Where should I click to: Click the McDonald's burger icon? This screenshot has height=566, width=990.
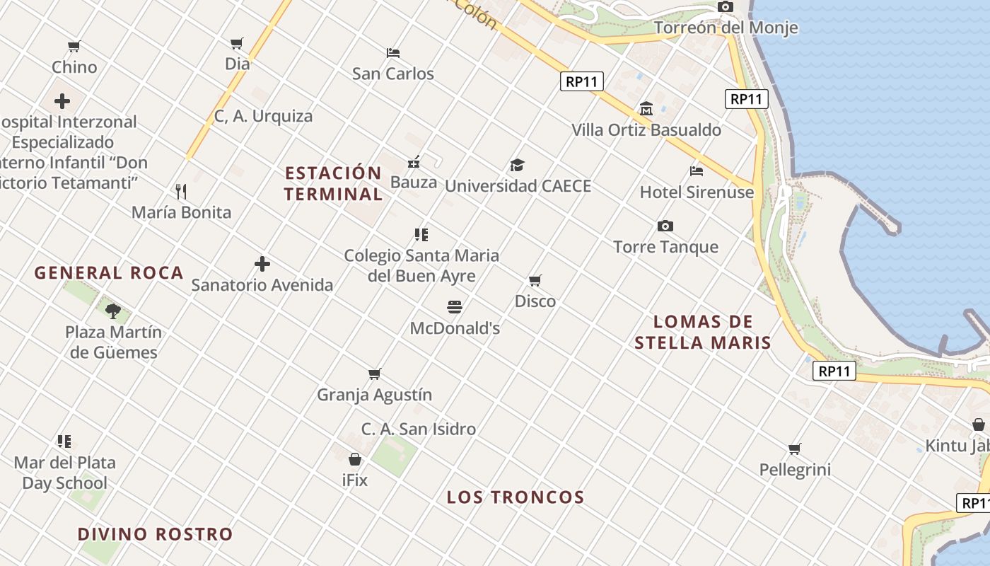(x=455, y=307)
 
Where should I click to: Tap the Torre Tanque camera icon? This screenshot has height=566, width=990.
(x=665, y=226)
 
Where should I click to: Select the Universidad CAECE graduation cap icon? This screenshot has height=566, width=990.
(x=518, y=166)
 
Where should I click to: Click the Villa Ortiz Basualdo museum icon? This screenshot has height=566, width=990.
(x=646, y=109)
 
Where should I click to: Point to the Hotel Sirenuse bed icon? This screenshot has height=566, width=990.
(x=697, y=171)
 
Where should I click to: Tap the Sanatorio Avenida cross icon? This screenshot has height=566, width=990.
(x=262, y=265)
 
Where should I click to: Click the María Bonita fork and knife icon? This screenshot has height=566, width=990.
(x=181, y=191)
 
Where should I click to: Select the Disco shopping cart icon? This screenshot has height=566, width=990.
(x=535, y=281)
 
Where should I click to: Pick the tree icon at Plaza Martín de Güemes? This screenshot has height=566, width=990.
(x=113, y=311)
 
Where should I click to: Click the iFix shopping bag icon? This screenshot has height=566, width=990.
(x=355, y=460)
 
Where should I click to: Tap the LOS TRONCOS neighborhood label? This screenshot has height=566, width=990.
(x=516, y=497)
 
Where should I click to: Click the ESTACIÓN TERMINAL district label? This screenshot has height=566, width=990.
(x=333, y=183)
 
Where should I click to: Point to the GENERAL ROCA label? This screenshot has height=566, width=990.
(x=109, y=273)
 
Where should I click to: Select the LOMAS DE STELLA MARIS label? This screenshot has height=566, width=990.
(x=703, y=333)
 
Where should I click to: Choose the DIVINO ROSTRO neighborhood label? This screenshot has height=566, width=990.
(x=155, y=534)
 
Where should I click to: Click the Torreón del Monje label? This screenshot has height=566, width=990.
(x=726, y=28)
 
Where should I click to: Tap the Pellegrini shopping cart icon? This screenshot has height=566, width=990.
(x=795, y=449)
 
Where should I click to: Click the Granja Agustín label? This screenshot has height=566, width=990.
(x=374, y=395)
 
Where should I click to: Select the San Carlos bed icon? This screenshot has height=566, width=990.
(x=393, y=53)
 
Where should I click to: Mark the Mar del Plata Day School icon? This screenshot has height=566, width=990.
(x=64, y=442)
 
